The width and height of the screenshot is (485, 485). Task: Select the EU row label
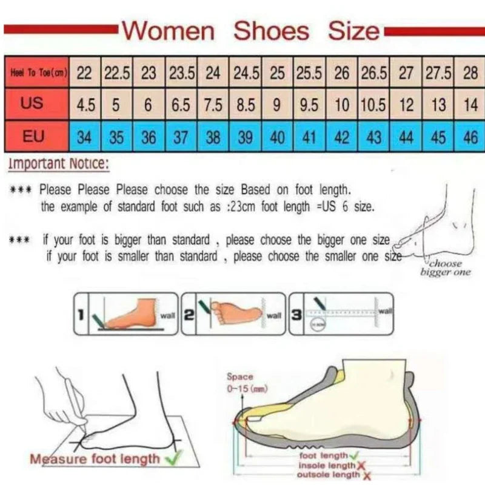(33, 136)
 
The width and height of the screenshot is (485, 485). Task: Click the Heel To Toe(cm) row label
(37, 73)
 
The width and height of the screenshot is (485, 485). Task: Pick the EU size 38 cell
(213, 137)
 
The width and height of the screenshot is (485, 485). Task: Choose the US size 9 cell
(277, 104)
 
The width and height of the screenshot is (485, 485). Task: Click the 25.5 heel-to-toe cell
(309, 73)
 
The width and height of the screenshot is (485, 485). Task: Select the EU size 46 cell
(470, 137)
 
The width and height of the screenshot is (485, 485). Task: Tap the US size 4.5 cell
(85, 104)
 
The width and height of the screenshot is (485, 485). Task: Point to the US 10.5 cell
(373, 104)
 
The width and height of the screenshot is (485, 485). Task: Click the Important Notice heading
(59, 164)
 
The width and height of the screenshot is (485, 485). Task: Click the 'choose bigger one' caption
(446, 268)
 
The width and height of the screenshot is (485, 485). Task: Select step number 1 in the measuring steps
(80, 315)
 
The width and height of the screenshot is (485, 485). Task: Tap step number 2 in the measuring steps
(188, 315)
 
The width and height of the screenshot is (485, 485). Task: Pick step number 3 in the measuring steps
(296, 315)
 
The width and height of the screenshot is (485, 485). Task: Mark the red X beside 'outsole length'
(367, 475)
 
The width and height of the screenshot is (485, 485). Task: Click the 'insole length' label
(327, 464)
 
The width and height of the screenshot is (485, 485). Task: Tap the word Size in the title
(353, 30)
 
